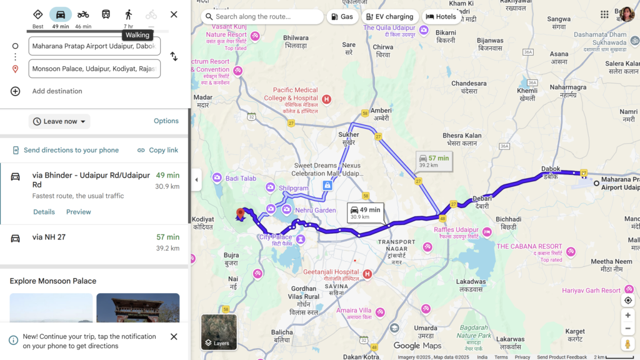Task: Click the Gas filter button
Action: pos(342,17)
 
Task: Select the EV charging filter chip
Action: pos(389,17)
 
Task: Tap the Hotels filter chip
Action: pos(441,17)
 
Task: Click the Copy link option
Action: pos(157,150)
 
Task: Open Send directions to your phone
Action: pos(66,150)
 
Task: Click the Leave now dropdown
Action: pos(59,121)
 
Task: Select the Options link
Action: pos(166,121)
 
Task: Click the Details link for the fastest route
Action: pos(44,212)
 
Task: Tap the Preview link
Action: pos(79,212)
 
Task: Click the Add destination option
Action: pos(57,91)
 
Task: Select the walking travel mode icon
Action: pos(129,14)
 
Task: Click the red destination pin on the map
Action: pos(241,214)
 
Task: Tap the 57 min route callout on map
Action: pos(434,161)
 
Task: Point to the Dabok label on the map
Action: pos(550,169)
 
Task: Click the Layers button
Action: pos(219,332)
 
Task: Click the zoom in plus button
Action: pos(628,315)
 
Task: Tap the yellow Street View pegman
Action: pos(628,344)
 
